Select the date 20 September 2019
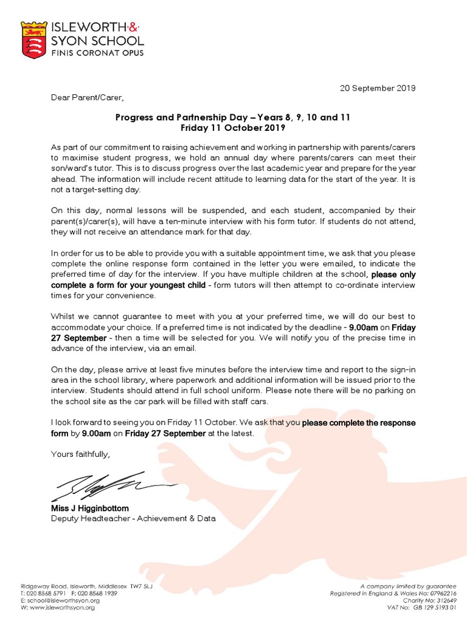(x=377, y=88)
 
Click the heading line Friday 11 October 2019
(x=233, y=128)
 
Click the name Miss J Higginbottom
(x=90, y=508)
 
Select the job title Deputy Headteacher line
(x=133, y=519)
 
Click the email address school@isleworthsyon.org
(x=61, y=600)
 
